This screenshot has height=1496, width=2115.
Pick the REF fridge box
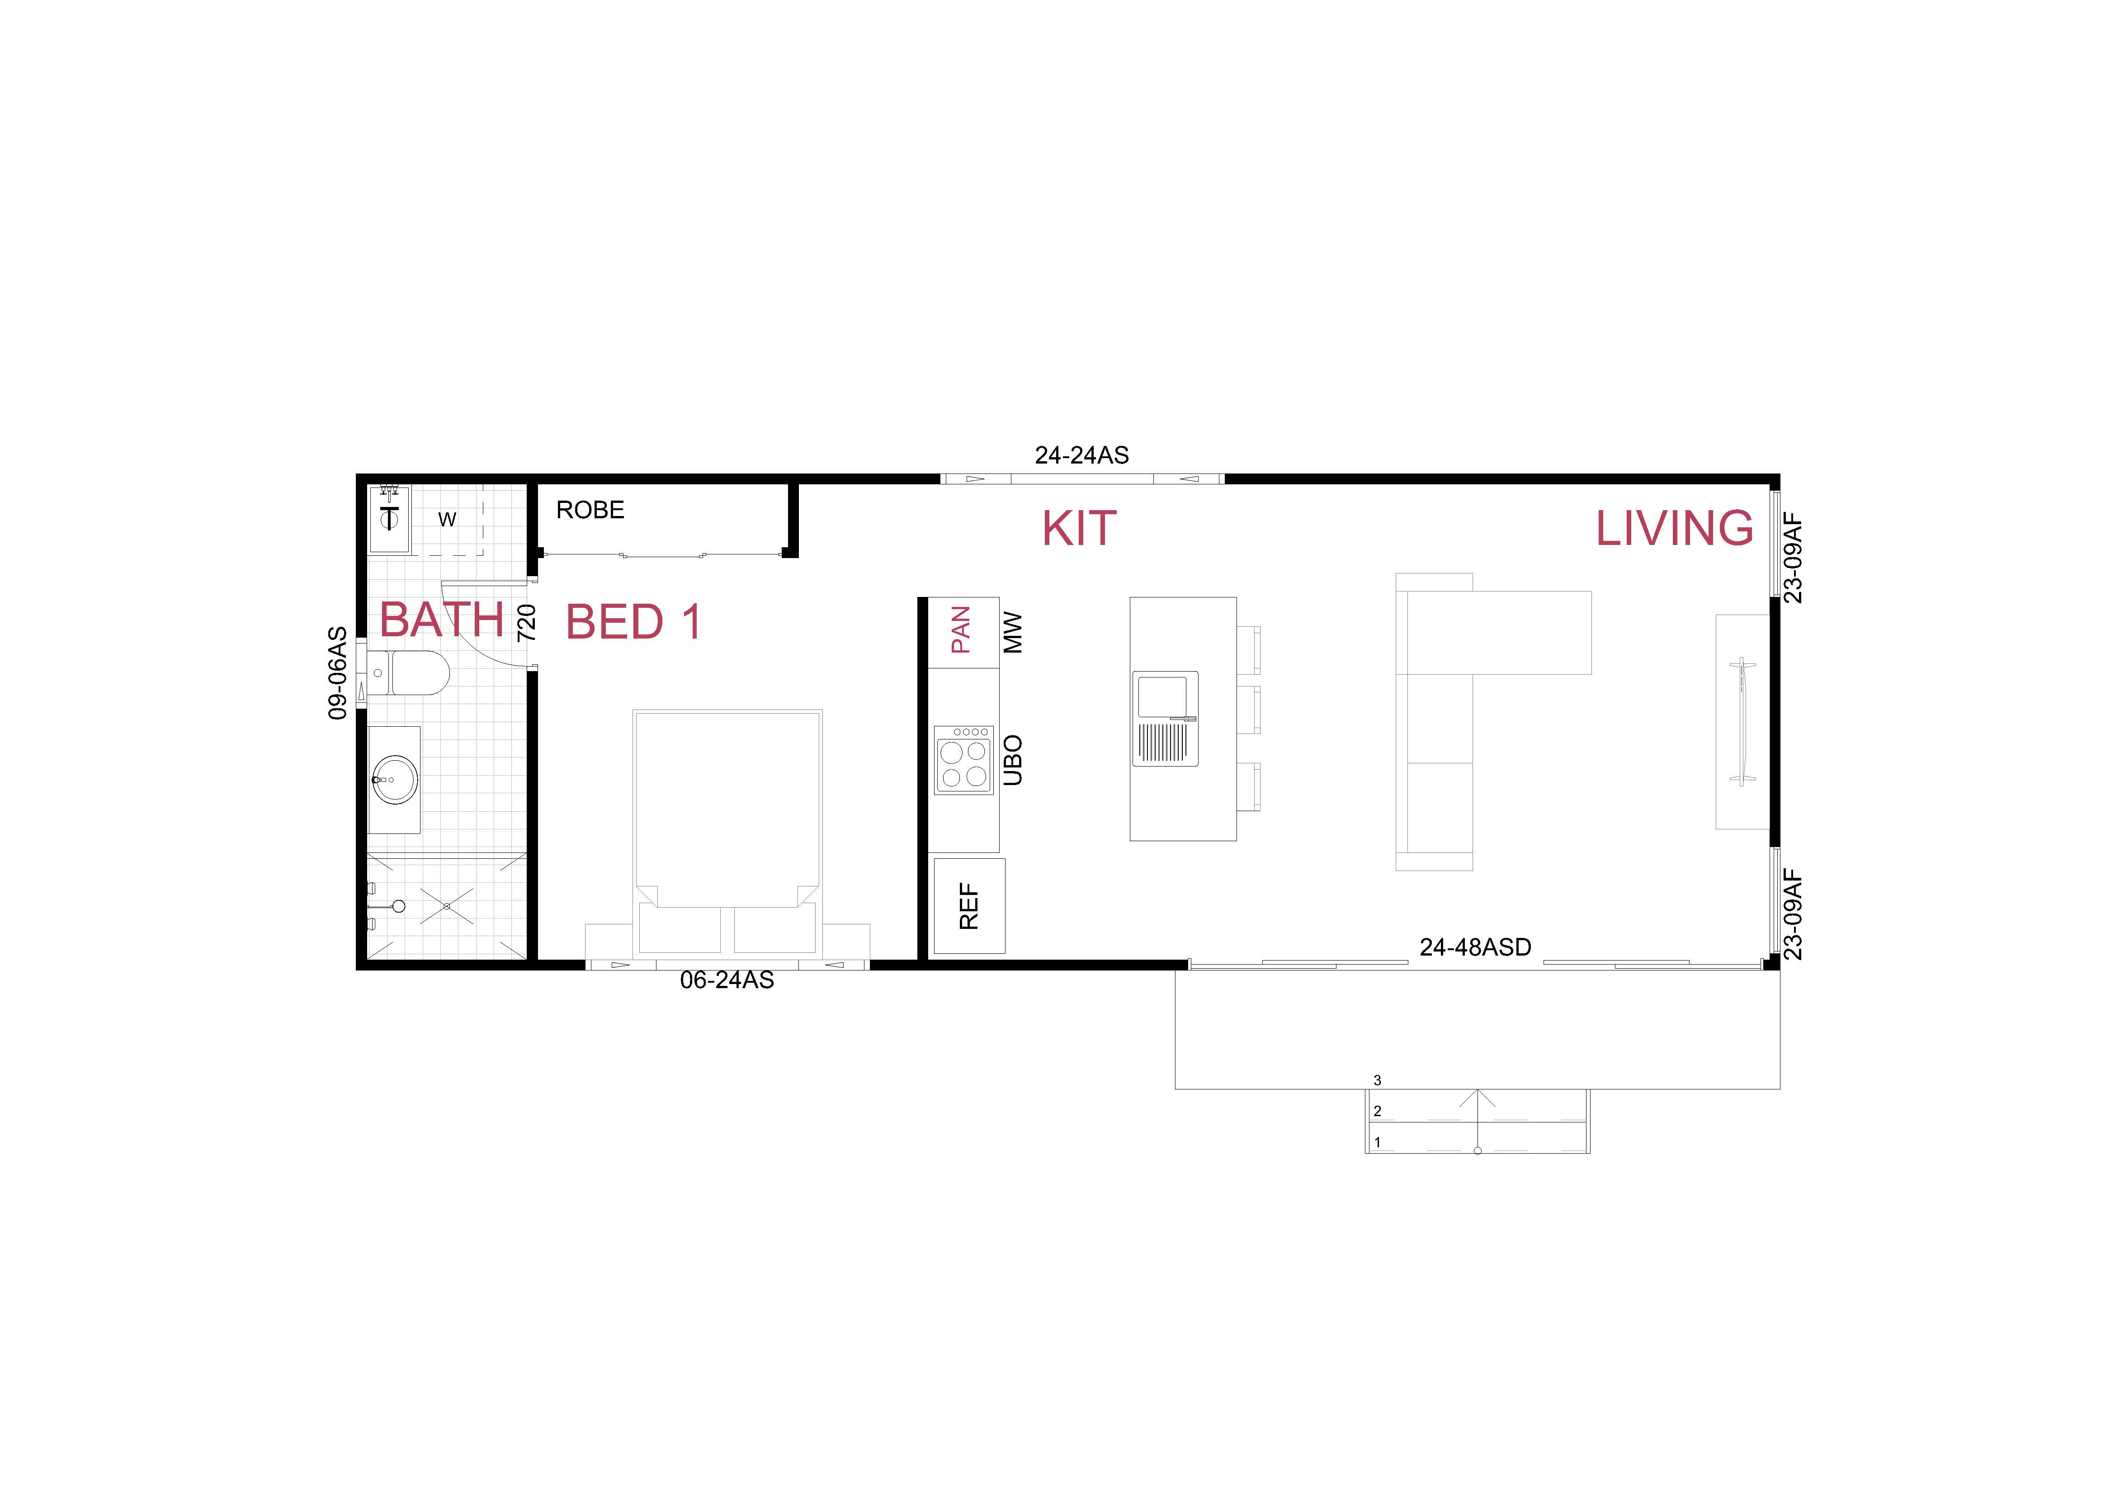click(969, 905)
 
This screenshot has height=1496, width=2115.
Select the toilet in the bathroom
click(415, 673)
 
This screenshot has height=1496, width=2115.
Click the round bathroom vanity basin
click(394, 779)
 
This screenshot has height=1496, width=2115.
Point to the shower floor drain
click(447, 906)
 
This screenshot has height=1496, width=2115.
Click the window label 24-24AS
click(1081, 455)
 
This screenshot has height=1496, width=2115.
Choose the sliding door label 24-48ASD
click(1475, 947)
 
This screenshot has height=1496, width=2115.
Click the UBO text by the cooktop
click(1012, 760)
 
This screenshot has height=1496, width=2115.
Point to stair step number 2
click(1377, 1111)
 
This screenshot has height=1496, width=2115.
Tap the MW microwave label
click(1012, 633)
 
